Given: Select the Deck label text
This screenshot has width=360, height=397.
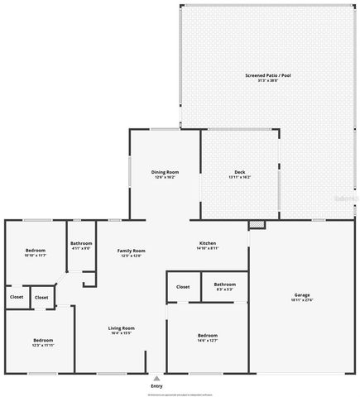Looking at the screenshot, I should [x=240, y=171].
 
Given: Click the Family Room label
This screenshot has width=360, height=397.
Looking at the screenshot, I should [x=131, y=250].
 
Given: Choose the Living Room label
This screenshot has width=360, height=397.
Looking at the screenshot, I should [x=122, y=328].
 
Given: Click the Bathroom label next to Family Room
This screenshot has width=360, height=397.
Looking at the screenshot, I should [x=80, y=242].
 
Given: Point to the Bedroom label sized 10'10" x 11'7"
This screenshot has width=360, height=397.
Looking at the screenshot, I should [x=35, y=250].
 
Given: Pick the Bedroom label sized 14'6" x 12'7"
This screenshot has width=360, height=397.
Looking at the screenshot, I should [x=207, y=334].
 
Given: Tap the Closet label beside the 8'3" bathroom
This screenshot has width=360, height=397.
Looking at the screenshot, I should [x=183, y=286].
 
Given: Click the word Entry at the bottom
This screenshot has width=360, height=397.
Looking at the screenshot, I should [x=156, y=386].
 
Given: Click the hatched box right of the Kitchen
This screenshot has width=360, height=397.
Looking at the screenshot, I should [x=257, y=224].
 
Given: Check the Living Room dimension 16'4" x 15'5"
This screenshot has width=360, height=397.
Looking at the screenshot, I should [x=122, y=333].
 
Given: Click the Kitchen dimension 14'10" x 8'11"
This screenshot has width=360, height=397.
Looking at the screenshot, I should [x=207, y=247].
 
